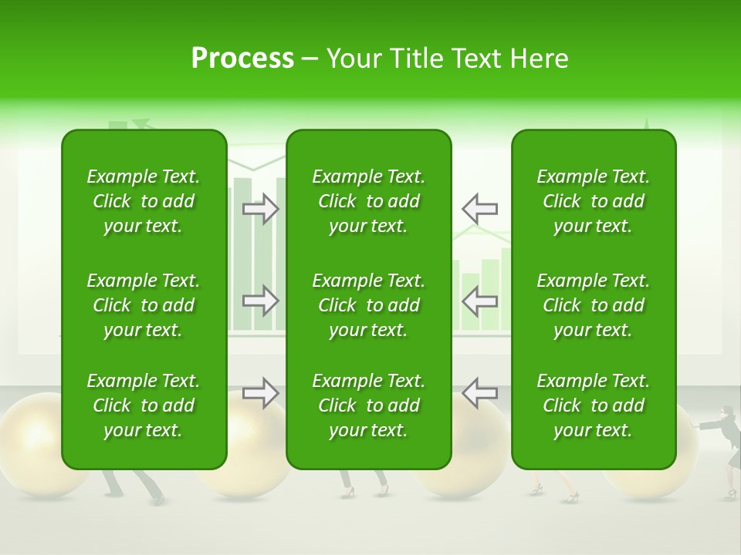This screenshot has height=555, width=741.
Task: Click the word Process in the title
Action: tap(242, 59)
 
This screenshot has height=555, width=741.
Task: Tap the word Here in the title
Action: tap(539, 59)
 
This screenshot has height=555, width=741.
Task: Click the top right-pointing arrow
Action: tap(261, 209)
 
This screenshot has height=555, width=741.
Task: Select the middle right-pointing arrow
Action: tap(261, 301)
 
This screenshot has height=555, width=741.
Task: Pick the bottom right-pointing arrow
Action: tap(261, 392)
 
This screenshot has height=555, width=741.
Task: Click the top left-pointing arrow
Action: tap(479, 209)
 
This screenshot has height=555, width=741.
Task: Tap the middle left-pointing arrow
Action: tap(479, 301)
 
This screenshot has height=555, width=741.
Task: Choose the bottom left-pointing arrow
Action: tap(479, 392)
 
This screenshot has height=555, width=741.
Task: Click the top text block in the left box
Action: tap(144, 201)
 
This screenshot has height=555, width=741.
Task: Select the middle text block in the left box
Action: tap(144, 305)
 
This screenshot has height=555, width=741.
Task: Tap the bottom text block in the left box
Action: tap(144, 405)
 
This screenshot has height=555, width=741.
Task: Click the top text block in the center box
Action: tap(368, 201)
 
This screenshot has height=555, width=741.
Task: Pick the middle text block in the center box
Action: tap(368, 305)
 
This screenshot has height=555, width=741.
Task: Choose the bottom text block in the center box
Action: tap(368, 405)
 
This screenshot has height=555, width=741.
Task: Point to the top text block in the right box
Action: tap(593, 201)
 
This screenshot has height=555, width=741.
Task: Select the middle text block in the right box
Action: tap(593, 305)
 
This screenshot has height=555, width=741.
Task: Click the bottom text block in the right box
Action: tap(593, 405)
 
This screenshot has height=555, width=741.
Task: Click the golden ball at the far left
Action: tap(35, 447)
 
